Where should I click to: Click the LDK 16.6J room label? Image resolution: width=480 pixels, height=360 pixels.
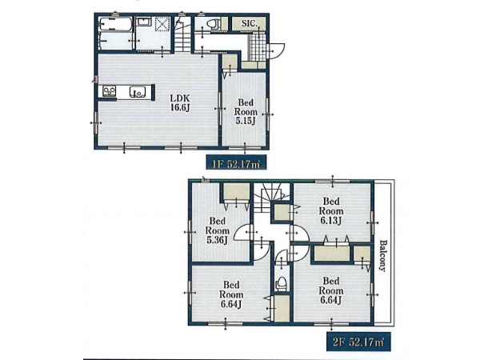pyautogui.click(x=180, y=103)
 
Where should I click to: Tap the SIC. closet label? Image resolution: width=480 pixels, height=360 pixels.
pyautogui.click(x=249, y=23)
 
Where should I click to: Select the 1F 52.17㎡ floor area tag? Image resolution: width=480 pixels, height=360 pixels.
pyautogui.click(x=236, y=162)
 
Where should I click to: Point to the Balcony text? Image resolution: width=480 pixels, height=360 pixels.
pyautogui.click(x=383, y=256)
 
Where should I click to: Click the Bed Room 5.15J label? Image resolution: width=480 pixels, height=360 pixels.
pyautogui.click(x=246, y=112)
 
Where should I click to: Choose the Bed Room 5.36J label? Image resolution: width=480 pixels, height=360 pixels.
pyautogui.click(x=218, y=230)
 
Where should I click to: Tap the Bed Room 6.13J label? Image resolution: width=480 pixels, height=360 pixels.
pyautogui.click(x=331, y=211)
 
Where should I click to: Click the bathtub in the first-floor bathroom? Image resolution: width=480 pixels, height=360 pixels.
pyautogui.click(x=116, y=25)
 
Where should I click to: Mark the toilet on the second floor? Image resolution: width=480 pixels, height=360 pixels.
pyautogui.click(x=281, y=284)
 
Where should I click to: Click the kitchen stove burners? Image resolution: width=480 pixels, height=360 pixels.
pyautogui.click(x=110, y=91)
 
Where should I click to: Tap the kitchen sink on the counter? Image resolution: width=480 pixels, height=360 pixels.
pyautogui.click(x=137, y=91)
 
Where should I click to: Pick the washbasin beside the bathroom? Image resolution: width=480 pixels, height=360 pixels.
pyautogui.click(x=143, y=22)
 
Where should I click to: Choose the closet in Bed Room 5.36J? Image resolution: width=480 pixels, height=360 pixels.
pyautogui.click(x=236, y=192)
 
